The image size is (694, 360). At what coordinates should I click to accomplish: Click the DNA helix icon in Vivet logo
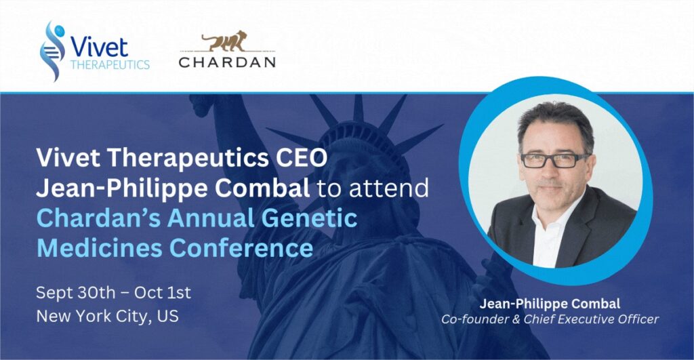(52, 51)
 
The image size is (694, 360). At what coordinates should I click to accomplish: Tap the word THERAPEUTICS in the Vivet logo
(110, 64)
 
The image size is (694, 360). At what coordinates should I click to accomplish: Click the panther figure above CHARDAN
(224, 41)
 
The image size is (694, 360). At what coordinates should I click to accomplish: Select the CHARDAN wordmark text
(227, 62)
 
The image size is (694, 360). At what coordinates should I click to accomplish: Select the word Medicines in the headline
(100, 247)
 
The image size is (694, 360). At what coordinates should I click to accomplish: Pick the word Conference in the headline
(241, 247)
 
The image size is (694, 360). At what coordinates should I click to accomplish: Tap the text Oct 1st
(163, 293)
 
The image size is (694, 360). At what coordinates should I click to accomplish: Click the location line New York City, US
(108, 316)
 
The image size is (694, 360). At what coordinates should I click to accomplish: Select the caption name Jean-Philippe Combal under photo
(550, 304)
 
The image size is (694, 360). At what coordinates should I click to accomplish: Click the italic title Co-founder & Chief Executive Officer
(550, 319)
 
